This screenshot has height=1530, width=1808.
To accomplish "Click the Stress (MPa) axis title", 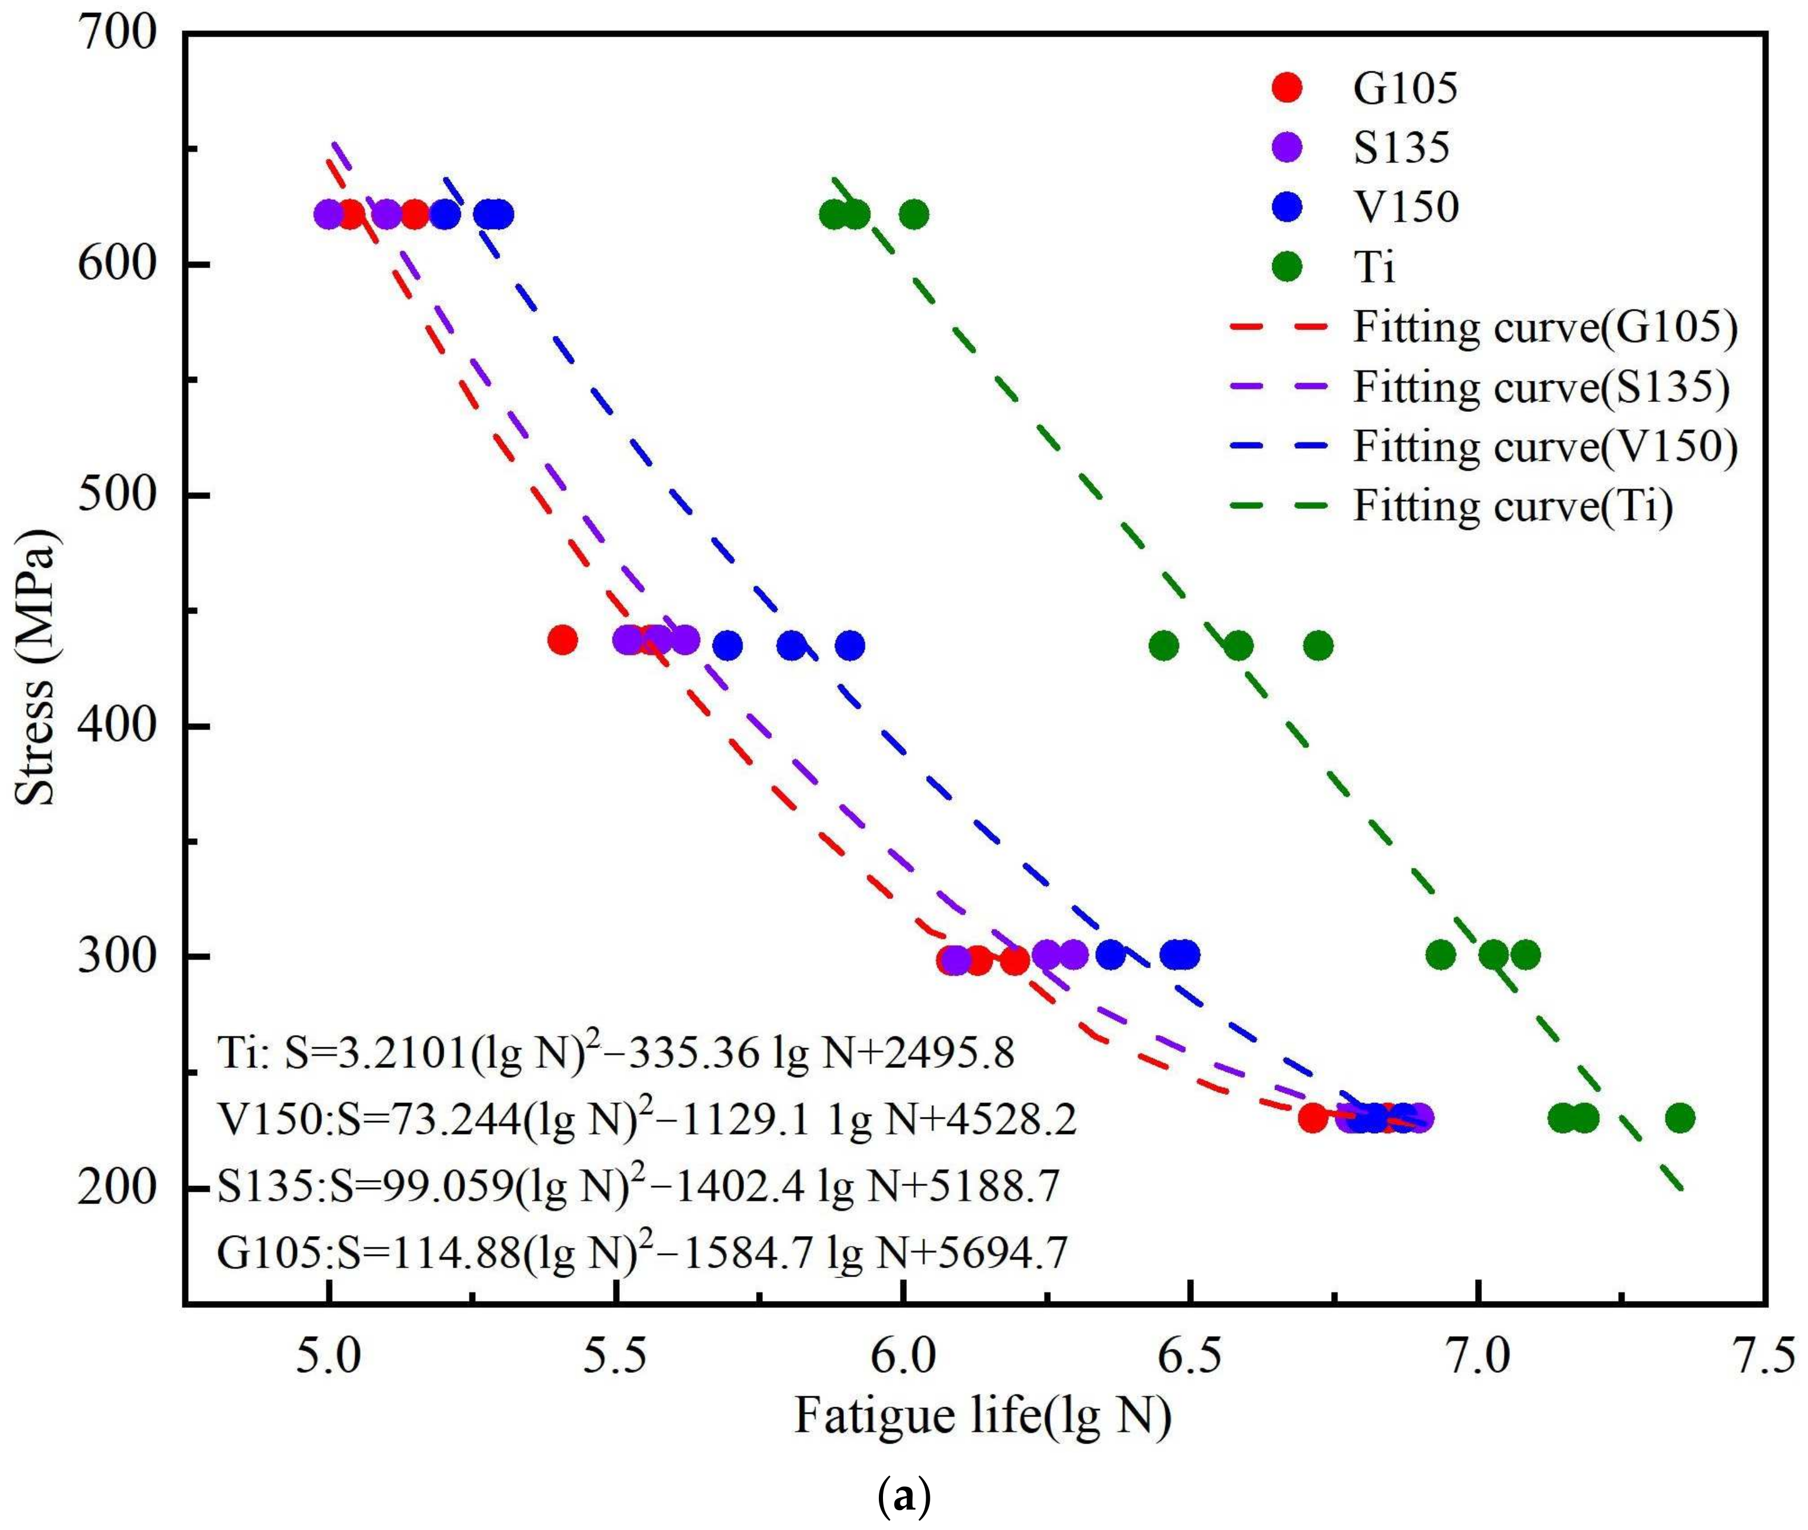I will (x=36, y=668).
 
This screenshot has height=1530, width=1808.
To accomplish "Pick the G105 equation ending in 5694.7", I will (x=642, y=1251).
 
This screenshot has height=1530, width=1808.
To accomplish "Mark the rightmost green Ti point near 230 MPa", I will (x=1679, y=1118).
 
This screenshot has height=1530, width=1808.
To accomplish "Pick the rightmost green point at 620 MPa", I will (x=913, y=213).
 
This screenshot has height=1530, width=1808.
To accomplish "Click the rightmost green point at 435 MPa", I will (x=1318, y=646).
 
